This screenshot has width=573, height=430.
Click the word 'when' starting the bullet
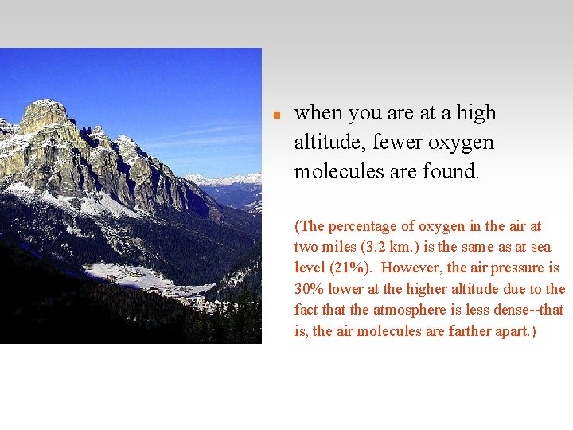click(314, 114)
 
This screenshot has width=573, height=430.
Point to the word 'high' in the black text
click(477, 114)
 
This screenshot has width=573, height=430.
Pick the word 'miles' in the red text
click(340, 247)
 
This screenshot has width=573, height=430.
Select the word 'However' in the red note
click(412, 268)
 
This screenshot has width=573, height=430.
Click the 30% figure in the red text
click(308, 288)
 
